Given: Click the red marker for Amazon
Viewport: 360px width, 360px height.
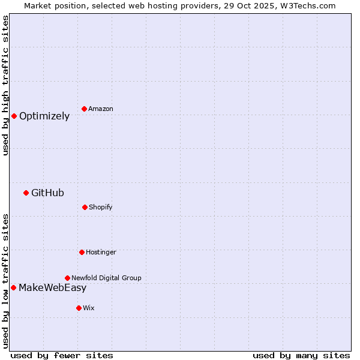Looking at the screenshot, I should click(x=84, y=109).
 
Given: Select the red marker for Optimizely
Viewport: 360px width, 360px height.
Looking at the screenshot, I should click(x=14, y=116).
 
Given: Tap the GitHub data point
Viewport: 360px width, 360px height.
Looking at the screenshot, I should click(x=26, y=193).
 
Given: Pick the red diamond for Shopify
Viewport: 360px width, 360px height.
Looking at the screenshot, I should click(x=85, y=207).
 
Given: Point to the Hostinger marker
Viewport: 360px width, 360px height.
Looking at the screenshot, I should click(x=82, y=252).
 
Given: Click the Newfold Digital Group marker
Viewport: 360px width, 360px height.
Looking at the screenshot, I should click(x=67, y=278).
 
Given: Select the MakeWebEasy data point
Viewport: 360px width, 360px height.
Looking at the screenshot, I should click(x=13, y=287).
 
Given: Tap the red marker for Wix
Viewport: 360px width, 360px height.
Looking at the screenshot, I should click(x=79, y=308).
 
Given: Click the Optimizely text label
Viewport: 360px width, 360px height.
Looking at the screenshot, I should click(x=44, y=116).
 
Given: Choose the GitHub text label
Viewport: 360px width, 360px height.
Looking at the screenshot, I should click(x=47, y=193).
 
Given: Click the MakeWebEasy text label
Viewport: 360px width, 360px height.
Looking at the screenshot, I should click(x=52, y=288).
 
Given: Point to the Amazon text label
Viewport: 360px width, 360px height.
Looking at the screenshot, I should click(x=101, y=109).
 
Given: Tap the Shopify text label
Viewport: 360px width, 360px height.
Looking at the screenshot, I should click(x=101, y=208).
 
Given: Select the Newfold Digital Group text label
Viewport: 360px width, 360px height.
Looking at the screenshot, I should click(x=106, y=278).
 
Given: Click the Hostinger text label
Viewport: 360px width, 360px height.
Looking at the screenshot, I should click(x=101, y=253).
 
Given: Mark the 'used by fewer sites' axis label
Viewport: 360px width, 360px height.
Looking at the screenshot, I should click(x=62, y=355).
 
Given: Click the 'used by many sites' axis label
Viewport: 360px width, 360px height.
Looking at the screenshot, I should click(x=301, y=355).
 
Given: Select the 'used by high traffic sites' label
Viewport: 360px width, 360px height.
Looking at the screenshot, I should click(x=5, y=85).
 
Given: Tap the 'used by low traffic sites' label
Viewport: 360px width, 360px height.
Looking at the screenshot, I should click(x=5, y=281).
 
